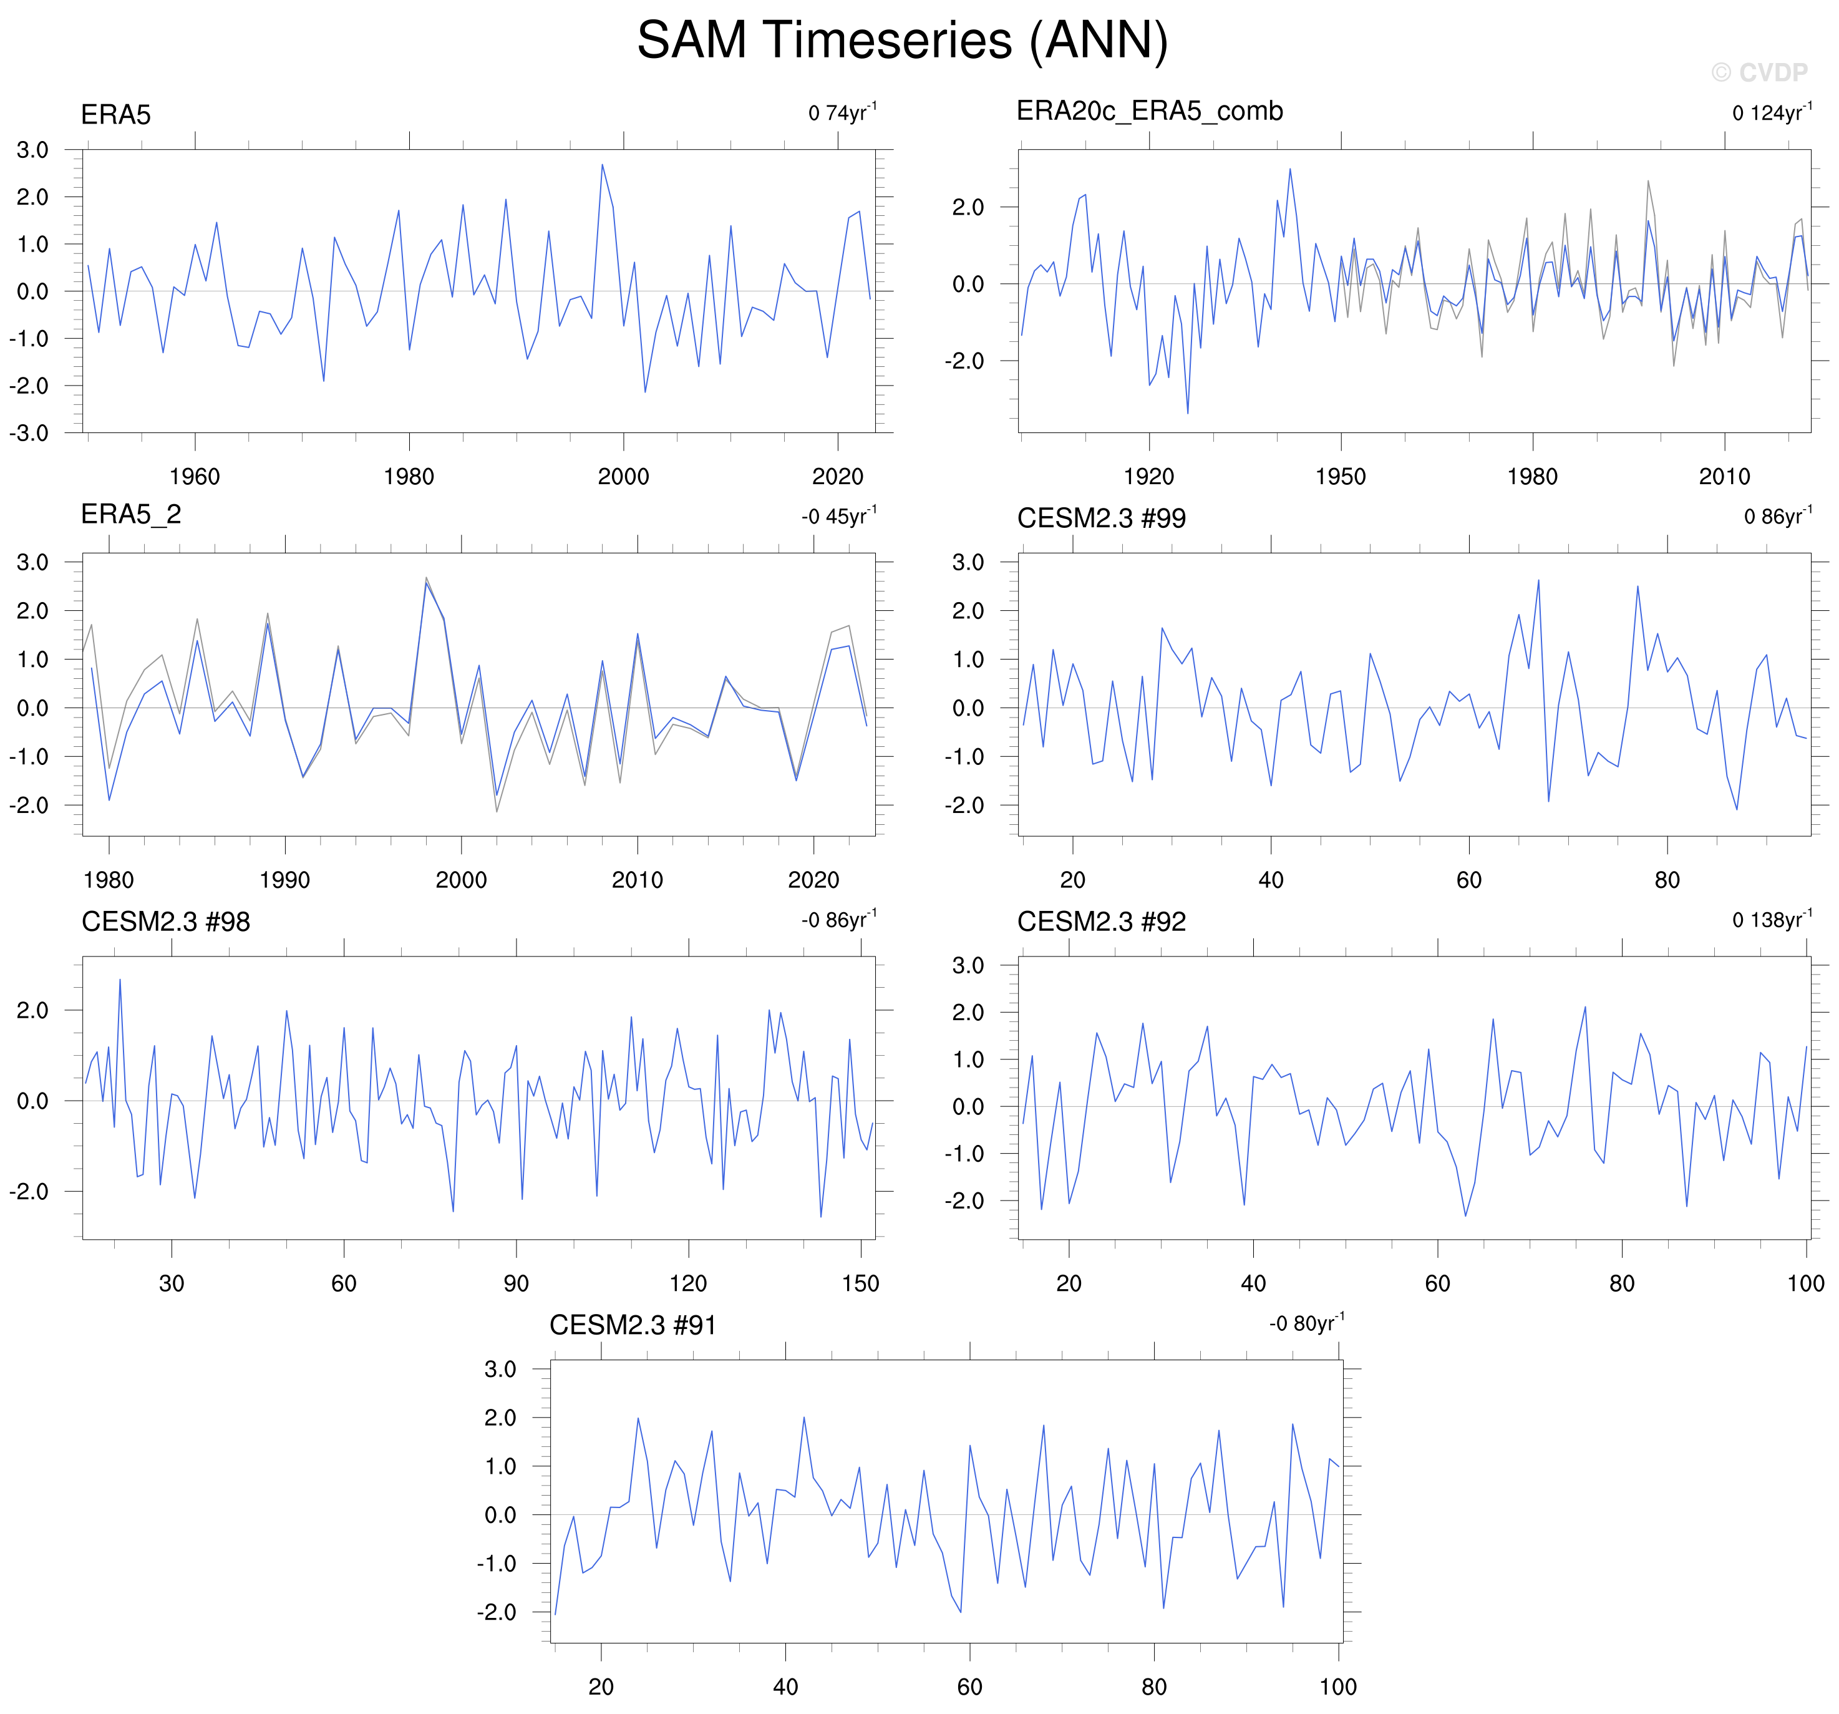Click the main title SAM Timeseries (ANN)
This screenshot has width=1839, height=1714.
point(902,41)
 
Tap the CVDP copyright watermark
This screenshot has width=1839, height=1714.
point(1759,72)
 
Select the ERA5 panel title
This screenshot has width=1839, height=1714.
point(115,115)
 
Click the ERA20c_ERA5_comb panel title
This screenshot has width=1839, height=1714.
point(1149,111)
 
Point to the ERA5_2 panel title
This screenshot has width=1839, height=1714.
point(130,515)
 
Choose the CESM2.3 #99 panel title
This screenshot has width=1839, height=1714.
point(1101,519)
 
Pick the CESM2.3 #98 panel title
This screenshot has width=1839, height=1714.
point(165,922)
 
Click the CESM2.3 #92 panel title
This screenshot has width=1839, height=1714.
point(1101,922)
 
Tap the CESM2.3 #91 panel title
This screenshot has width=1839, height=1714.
point(633,1325)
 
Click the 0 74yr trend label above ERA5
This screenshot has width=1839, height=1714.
point(842,113)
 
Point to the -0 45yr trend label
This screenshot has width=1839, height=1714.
point(839,517)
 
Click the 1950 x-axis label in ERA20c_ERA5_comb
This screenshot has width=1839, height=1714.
point(1341,477)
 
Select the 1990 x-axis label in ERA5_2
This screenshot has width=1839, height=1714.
point(285,880)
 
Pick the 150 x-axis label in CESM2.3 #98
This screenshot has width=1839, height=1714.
point(860,1283)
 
